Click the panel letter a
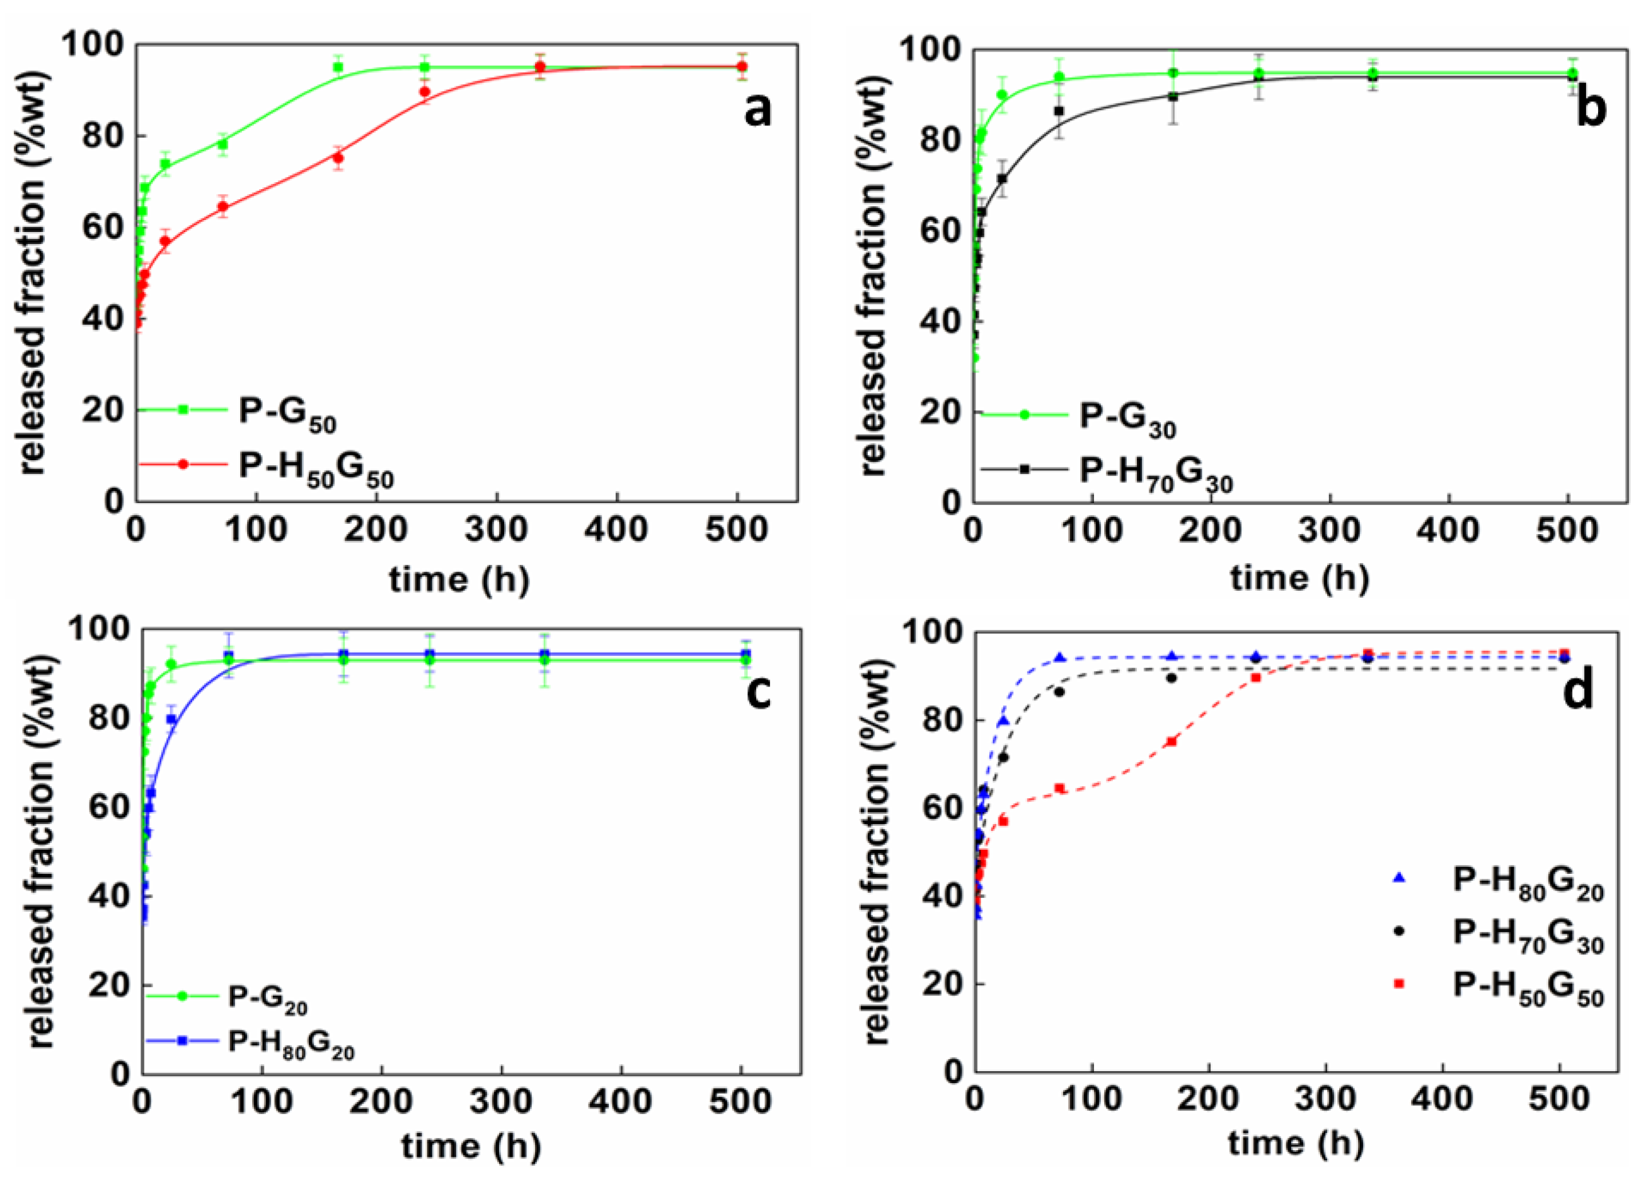pyautogui.click(x=757, y=112)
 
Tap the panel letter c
pyautogui.click(x=757, y=690)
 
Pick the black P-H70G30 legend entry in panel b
pyautogui.click(x=1156, y=472)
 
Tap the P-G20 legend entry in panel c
pyautogui.click(x=268, y=999)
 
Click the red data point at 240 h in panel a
pyautogui.click(x=425, y=92)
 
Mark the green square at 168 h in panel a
pyautogui.click(x=338, y=67)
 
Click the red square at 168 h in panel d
pyautogui.click(x=1172, y=741)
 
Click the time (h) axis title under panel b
pyautogui.click(x=1299, y=577)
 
